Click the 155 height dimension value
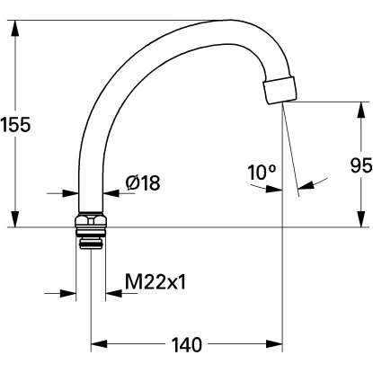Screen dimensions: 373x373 [17, 124]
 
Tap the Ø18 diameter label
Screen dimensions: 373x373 [142, 183]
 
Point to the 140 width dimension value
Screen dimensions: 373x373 [187, 344]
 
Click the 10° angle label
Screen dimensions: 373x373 [262, 172]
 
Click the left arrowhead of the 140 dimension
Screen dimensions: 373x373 [96, 344]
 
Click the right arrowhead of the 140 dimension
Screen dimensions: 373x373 [277, 344]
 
